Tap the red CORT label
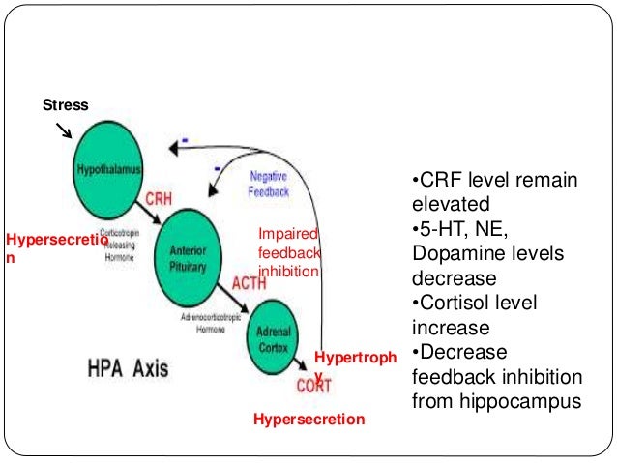(x=313, y=387)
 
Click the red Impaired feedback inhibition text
(x=288, y=253)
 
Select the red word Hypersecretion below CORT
(x=308, y=420)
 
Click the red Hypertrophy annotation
(x=355, y=359)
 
